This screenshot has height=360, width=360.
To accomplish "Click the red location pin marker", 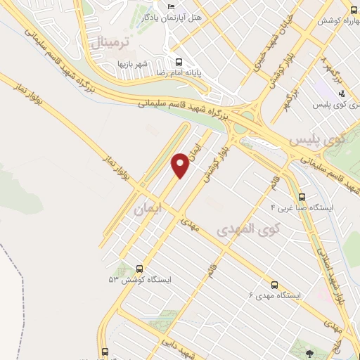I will pyautogui.click(x=180, y=165).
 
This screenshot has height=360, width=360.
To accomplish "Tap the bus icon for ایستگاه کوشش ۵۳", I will pyautogui.click(x=139, y=269).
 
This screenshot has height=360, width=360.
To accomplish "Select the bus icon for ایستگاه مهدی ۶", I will pyautogui.click(x=274, y=285).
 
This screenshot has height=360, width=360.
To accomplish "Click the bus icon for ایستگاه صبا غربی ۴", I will pyautogui.click(x=302, y=198).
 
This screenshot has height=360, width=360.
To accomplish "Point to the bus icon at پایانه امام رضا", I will pyautogui.click(x=179, y=62).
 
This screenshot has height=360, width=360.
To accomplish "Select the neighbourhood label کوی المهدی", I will pyautogui.click(x=247, y=229).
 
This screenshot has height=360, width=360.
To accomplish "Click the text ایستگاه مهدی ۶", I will pyautogui.click(x=274, y=296).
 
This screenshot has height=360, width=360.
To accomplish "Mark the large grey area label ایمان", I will pyautogui.click(x=147, y=209).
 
